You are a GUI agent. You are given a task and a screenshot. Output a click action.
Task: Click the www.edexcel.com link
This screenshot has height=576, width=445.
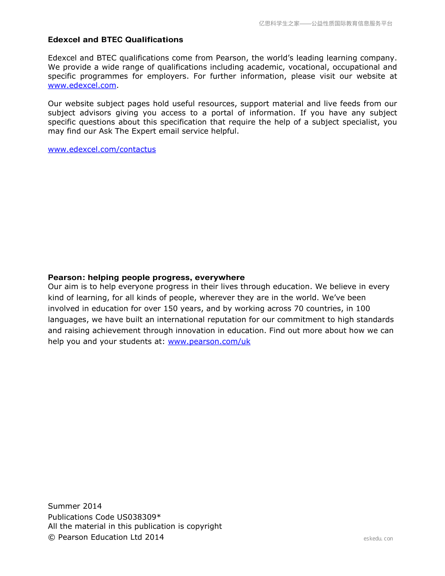82,85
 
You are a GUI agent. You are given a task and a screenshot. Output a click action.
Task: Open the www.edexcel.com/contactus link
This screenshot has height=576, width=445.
102,149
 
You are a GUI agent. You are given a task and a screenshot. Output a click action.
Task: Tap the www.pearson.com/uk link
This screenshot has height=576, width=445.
209,341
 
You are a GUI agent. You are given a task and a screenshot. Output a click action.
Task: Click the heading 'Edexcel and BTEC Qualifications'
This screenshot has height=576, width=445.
115,40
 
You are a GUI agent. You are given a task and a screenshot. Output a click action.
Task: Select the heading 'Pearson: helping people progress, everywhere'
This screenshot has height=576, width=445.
146,277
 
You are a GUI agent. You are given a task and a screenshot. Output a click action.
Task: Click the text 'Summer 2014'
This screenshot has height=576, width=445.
75,506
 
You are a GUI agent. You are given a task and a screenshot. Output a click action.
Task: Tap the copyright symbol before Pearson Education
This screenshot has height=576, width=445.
52,537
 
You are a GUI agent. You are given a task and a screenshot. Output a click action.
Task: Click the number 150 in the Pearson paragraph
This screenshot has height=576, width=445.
171,309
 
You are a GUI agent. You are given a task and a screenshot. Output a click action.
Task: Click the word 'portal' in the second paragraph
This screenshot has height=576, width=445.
222,113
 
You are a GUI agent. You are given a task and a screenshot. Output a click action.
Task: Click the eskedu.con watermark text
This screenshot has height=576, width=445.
378,539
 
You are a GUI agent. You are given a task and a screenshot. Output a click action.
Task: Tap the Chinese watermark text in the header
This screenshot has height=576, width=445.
325,24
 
